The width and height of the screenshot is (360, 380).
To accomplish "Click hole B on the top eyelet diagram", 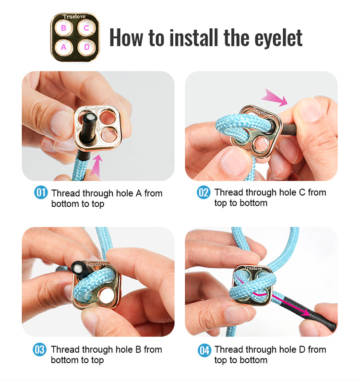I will click(x=63, y=28).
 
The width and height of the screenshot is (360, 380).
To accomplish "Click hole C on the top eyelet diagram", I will click(x=86, y=28).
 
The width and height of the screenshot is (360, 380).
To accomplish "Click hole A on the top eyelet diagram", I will click(x=63, y=47).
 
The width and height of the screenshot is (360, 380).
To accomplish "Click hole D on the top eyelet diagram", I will click(x=86, y=47).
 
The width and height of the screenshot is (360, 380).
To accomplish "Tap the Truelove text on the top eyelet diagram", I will click(x=74, y=17).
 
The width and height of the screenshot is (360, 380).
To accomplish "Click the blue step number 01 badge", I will click(x=41, y=193).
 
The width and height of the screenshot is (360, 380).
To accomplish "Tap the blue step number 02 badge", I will click(x=204, y=193).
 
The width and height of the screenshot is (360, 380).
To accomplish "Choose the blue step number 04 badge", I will click(x=204, y=350).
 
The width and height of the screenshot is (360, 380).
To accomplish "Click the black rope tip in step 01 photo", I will click(x=90, y=118).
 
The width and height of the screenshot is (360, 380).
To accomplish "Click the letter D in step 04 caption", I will click(x=302, y=350).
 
